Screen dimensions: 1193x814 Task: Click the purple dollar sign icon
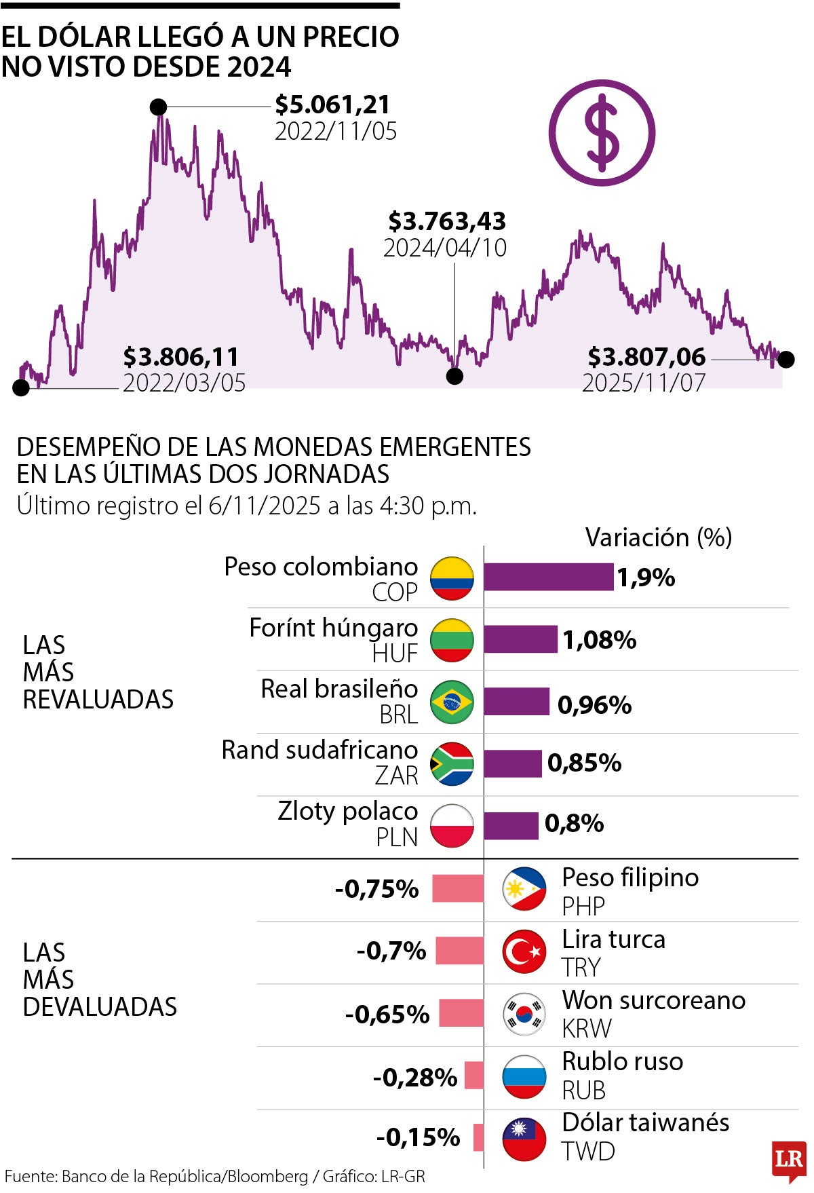[x=602, y=132]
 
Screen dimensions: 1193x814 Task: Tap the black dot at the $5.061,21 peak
[x=158, y=107]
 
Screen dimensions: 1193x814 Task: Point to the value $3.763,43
[x=447, y=221]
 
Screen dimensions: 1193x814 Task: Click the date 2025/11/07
[x=643, y=383]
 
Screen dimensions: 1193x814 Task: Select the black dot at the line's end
[x=786, y=359]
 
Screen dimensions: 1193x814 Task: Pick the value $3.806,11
[x=180, y=357]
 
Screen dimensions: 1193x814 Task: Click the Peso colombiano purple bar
[x=548, y=577]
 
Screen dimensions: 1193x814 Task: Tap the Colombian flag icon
[x=452, y=578]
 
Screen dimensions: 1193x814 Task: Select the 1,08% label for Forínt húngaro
[x=599, y=639]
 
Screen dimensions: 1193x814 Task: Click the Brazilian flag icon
[x=452, y=702]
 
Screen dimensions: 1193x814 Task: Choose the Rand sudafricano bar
[x=513, y=763]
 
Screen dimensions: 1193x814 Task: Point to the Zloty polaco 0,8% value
[x=574, y=824]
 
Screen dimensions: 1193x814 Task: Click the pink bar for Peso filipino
[x=458, y=888]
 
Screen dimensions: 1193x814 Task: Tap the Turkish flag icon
[x=524, y=951]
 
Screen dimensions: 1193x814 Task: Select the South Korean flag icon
[x=524, y=1014]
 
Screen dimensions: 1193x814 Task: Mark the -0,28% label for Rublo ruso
[x=414, y=1077]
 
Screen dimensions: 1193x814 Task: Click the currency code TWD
[x=587, y=1152]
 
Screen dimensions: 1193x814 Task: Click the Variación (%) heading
[x=658, y=537]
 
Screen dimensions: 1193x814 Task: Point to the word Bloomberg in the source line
[x=267, y=1177]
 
